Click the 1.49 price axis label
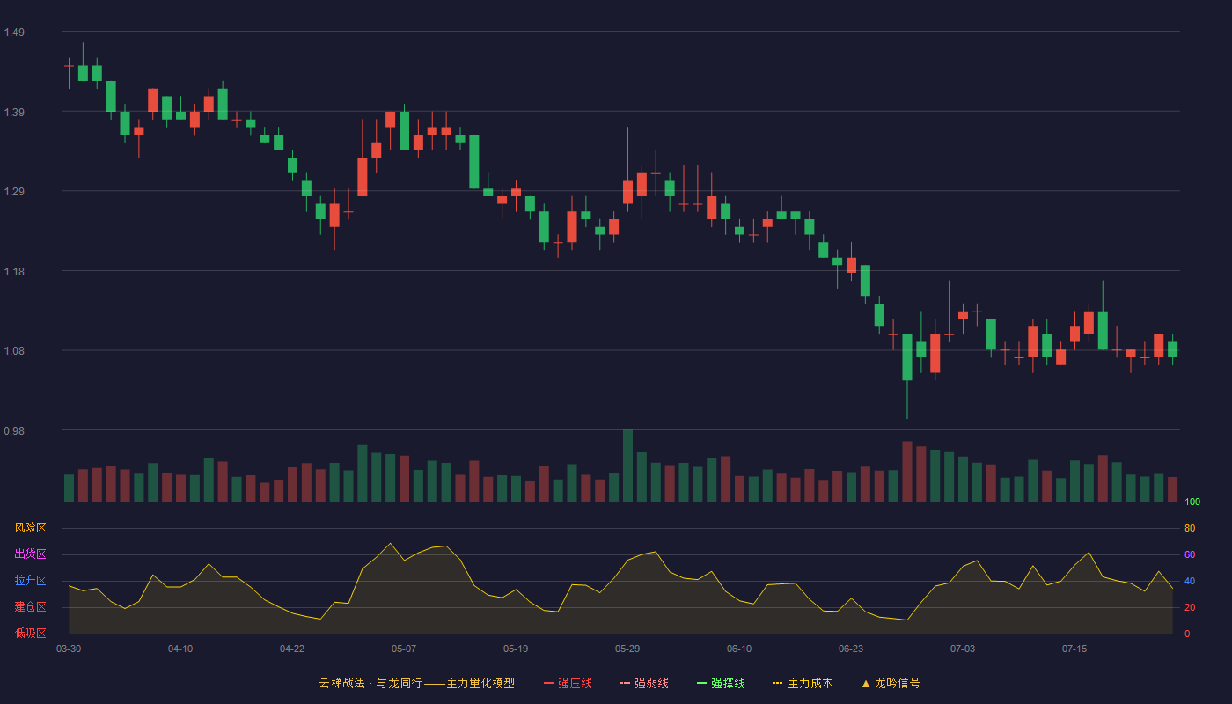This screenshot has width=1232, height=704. click(14, 33)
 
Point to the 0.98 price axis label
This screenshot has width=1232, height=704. click(14, 430)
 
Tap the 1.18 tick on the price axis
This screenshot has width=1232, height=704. click(14, 272)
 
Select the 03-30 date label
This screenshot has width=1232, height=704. click(69, 649)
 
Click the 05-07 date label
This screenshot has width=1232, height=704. click(404, 649)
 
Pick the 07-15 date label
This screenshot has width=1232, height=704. click(1074, 649)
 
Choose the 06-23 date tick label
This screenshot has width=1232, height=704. click(851, 649)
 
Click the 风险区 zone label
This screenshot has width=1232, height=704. click(30, 528)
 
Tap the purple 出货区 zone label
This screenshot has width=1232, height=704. click(30, 554)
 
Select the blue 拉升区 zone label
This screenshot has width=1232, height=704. click(30, 580)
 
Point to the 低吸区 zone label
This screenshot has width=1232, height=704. click(30, 633)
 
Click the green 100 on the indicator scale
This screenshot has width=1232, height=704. click(1192, 502)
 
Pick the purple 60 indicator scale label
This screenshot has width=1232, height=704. click(1190, 554)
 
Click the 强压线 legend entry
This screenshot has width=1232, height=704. click(568, 683)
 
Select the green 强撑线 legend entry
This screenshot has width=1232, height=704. click(721, 683)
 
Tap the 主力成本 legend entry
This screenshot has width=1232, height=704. click(803, 683)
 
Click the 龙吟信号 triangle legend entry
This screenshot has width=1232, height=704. click(891, 683)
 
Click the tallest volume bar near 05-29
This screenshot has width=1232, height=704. click(627, 466)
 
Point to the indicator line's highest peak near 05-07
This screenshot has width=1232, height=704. click(390, 544)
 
